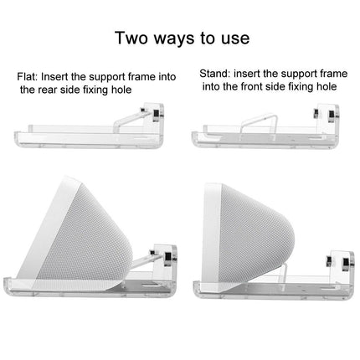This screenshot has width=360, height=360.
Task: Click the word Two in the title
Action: coord(131,38)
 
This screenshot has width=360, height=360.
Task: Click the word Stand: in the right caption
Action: coord(215,74)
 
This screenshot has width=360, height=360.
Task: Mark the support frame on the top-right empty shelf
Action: coord(251,116)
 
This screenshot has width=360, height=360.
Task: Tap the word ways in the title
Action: coord(172,38)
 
